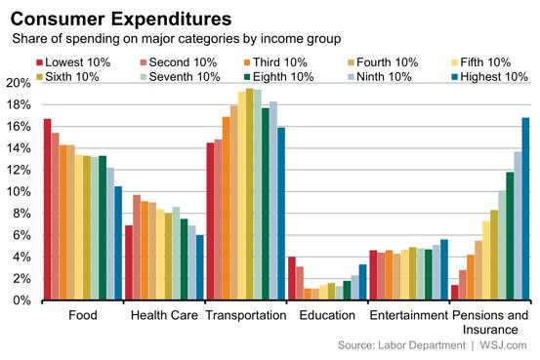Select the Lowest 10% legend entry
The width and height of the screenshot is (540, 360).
pos(80,61)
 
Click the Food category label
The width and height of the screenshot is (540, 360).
pos(82,316)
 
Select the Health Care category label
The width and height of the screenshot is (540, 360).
pos(163,316)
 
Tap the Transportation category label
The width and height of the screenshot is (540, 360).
pos(245,316)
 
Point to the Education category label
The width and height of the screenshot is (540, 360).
pos(326,316)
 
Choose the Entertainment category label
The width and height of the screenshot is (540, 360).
pos(407,316)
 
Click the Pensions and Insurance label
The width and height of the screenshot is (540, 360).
pos(489,323)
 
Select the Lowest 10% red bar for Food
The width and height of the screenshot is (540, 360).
pos(47,210)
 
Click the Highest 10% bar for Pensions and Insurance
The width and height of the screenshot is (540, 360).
pos(525,209)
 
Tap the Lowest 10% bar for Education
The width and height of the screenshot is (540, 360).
pos(291,279)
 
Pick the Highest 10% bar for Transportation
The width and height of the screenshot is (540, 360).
pos(281,215)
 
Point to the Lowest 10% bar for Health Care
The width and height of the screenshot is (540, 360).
pos(128,263)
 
